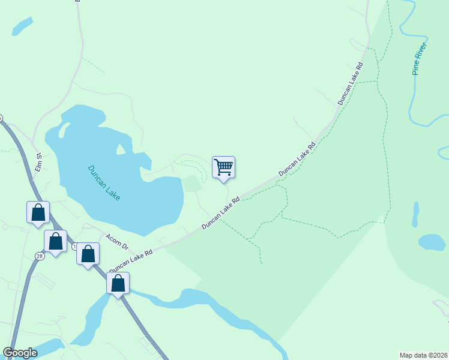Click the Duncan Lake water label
[x=104, y=183]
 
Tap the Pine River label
[x=420, y=59]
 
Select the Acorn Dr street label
[x=117, y=242]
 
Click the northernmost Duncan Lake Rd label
[x=351, y=83]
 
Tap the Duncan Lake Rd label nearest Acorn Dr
[x=130, y=257]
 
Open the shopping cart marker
[x=223, y=167]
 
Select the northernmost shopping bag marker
[x=38, y=212]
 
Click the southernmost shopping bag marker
[x=118, y=283]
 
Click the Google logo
[x=20, y=353]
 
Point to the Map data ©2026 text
[x=423, y=355]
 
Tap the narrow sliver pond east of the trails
[x=415, y=215]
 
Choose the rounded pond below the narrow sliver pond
[x=431, y=242]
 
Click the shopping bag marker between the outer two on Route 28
[x=56, y=241]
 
